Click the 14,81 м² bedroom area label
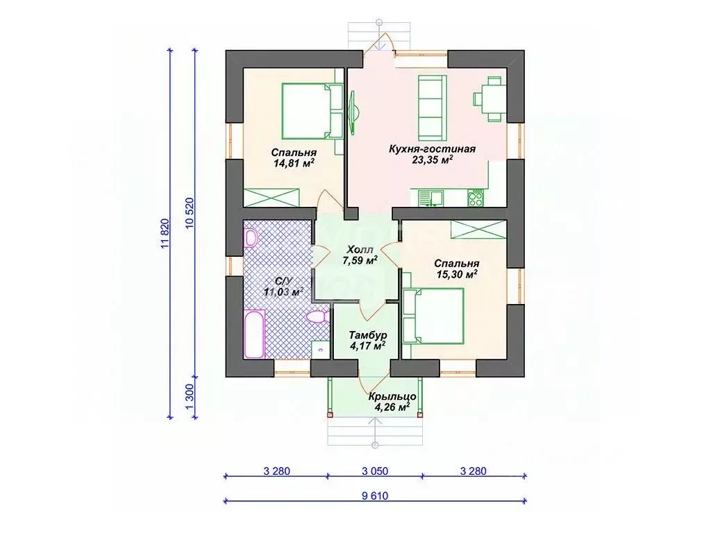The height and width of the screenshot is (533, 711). click(294, 163)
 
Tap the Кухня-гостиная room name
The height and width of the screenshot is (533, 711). click(432, 149)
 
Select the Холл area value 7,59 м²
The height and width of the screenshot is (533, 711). click(360, 260)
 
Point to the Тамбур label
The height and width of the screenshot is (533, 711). click(368, 335)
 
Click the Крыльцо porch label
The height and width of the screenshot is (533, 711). click(392, 396)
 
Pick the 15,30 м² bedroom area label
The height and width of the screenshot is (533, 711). click(457, 274)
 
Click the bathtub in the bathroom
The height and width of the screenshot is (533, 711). click(254, 334)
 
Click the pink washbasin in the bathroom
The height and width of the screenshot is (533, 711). click(250, 238)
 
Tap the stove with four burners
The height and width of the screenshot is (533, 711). click(476, 198)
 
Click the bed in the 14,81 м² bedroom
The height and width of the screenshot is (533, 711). click(312, 110)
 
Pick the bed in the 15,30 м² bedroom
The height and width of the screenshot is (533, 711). click(433, 316)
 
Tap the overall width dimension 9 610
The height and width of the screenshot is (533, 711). click(375, 496)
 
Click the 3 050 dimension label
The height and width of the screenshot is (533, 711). click(375, 471)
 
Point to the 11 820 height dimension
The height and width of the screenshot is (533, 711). click(165, 233)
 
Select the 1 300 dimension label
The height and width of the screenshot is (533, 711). click(190, 398)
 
